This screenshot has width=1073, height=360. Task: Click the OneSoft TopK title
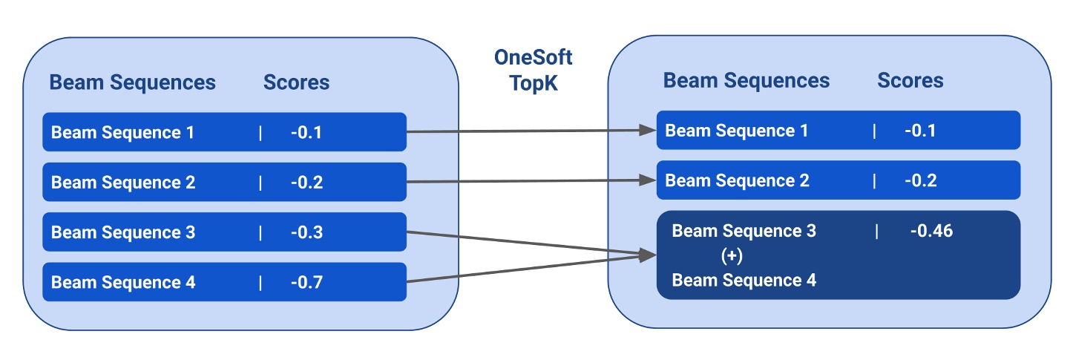click(x=533, y=70)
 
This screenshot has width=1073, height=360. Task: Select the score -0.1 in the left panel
click(x=306, y=133)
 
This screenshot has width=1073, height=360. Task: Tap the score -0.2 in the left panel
click(x=306, y=183)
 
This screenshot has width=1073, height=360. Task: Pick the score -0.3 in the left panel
click(x=306, y=232)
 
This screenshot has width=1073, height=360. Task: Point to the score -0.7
click(x=306, y=282)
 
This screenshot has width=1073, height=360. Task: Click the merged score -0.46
click(x=931, y=231)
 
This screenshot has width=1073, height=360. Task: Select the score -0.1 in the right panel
click(x=920, y=131)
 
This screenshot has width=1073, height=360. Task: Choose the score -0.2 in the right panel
click(x=920, y=180)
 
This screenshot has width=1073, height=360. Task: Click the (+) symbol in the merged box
click(x=732, y=255)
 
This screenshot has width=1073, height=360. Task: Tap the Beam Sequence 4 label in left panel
click(x=123, y=282)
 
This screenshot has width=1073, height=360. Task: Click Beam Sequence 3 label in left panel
click(x=123, y=232)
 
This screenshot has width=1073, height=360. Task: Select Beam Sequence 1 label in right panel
click(x=737, y=131)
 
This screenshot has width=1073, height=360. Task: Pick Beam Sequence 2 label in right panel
click(x=737, y=180)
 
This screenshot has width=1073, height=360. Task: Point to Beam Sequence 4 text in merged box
click(x=744, y=280)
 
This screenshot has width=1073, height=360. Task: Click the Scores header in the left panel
click(x=296, y=82)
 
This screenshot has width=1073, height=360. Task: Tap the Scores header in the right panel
click(x=910, y=80)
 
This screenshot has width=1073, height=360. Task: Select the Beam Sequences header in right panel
click(x=746, y=80)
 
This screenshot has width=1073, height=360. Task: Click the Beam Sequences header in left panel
click(x=132, y=82)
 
